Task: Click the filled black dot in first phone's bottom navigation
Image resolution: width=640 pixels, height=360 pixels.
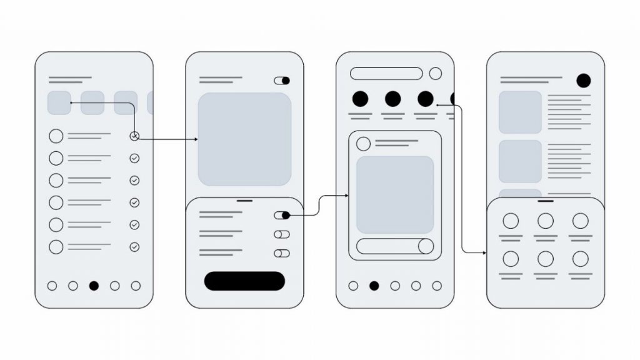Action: pyautogui.click(x=94, y=286)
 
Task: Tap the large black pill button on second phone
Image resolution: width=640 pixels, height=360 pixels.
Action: pyautogui.click(x=244, y=281)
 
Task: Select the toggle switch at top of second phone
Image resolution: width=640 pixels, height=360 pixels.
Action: pyautogui.click(x=282, y=81)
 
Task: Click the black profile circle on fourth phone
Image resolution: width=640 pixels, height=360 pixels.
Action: pyautogui.click(x=583, y=80)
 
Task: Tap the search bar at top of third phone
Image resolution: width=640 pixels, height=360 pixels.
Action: pyautogui.click(x=386, y=74)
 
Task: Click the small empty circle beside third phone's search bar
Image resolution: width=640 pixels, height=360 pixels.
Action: pyautogui.click(x=435, y=74)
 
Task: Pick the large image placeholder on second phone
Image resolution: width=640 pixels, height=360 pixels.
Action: pyautogui.click(x=244, y=139)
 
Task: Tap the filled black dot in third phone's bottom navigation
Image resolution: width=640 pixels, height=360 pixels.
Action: pyautogui.click(x=374, y=286)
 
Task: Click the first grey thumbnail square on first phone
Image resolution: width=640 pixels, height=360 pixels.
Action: pyautogui.click(x=59, y=102)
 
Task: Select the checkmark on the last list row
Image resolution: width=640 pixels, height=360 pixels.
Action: pyautogui.click(x=134, y=247)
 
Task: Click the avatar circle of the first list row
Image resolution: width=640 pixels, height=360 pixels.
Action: pyautogui.click(x=56, y=136)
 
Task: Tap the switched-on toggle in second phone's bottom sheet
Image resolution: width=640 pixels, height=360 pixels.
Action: pyautogui.click(x=282, y=215)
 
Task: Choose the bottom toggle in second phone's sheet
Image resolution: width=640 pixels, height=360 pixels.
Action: pyautogui.click(x=282, y=253)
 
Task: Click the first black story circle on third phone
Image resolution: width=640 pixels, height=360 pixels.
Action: pyautogui.click(x=360, y=99)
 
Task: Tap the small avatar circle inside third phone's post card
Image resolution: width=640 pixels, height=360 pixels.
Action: pyautogui.click(x=363, y=144)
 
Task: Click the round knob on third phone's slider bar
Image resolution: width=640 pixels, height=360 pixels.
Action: pyautogui.click(x=426, y=246)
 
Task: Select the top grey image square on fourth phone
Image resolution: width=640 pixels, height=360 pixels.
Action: pyautogui.click(x=520, y=112)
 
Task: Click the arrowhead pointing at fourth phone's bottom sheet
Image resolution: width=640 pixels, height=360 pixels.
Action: pyautogui.click(x=484, y=252)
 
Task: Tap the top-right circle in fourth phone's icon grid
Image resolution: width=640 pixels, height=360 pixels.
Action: pyautogui.click(x=581, y=221)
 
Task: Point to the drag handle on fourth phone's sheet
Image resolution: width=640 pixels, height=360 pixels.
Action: pyautogui.click(x=546, y=201)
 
